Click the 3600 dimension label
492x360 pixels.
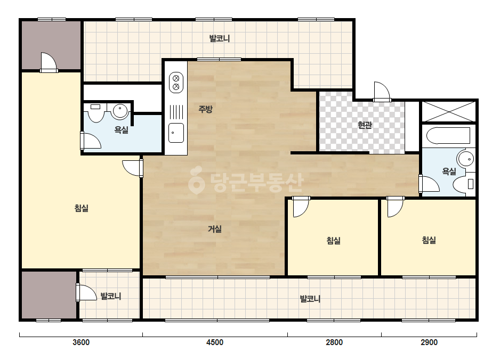click(x=81, y=342)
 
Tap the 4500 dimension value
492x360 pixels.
click(x=215, y=342)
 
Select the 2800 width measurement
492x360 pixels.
click(x=334, y=342)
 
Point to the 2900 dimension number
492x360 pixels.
click(x=429, y=342)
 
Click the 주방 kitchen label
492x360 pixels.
click(x=206, y=109)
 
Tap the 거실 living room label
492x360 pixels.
click(x=215, y=229)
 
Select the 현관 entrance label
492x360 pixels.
click(x=365, y=125)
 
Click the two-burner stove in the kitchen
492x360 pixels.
click(x=176, y=83)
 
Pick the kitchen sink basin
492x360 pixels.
click(x=176, y=133)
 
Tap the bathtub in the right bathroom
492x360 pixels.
click(x=448, y=135)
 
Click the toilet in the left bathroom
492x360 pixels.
click(x=96, y=112)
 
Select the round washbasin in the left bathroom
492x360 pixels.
click(x=120, y=111)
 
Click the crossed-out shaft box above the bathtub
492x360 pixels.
click(x=449, y=111)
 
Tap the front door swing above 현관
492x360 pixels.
click(x=382, y=91)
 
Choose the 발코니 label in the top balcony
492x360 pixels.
click(x=220, y=38)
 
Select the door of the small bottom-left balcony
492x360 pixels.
click(x=86, y=292)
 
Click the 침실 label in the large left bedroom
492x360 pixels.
click(x=81, y=208)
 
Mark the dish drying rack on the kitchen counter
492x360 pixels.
click(x=176, y=112)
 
